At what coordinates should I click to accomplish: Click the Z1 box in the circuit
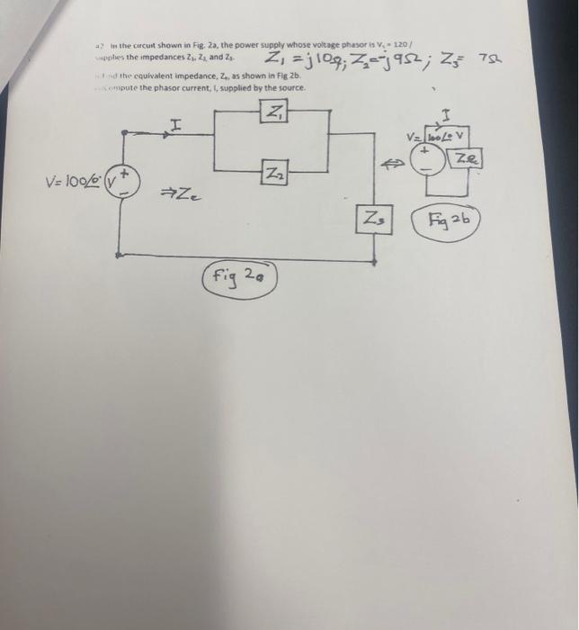coord(273,112)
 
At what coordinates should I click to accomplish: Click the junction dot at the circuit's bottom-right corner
coord(374,261)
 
